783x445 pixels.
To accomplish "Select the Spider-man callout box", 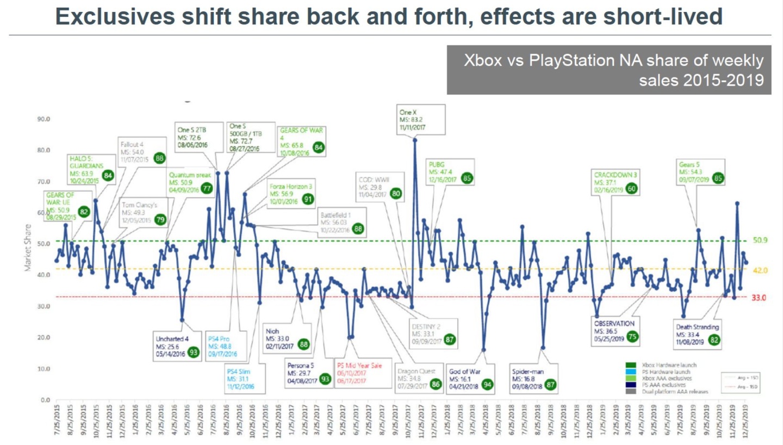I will (534, 379).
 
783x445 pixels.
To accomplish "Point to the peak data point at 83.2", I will (415, 140).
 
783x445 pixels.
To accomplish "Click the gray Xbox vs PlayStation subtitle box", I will (608, 70).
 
